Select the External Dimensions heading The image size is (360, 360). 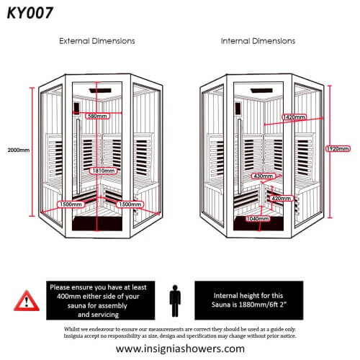[x=96, y=42]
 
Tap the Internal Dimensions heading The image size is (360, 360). [x=258, y=42]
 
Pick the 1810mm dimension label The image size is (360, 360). [x=102, y=171]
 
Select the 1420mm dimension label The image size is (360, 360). [x=274, y=116]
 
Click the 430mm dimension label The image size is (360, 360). [x=263, y=176]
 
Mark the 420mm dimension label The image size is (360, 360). [x=280, y=197]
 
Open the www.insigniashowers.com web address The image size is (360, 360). [x=180, y=348]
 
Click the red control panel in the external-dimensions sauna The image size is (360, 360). [x=77, y=112]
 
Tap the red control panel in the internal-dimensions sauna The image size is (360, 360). [x=238, y=112]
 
